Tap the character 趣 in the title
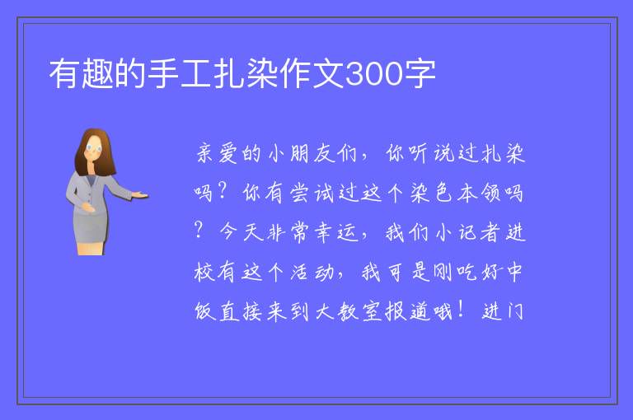pyautogui.click(x=98, y=73)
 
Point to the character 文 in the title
pyautogui.click(x=329, y=73)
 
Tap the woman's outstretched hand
pyautogui.click(x=140, y=195)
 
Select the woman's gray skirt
pyautogui.click(x=91, y=228)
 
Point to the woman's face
pyautogui.click(x=94, y=148)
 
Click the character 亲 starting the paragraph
pyautogui.click(x=205, y=153)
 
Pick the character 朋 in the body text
pyautogui.click(x=299, y=153)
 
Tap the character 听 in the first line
pyautogui.click(x=418, y=153)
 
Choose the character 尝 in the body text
pyautogui.click(x=299, y=193)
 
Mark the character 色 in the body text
pyautogui.click(x=443, y=193)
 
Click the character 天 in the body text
pyautogui.click(x=253, y=232)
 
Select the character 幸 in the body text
pyautogui.click(x=323, y=232)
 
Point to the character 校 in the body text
pyautogui.click(x=204, y=272)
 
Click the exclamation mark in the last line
pyautogui.click(x=460, y=310)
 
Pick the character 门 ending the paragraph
pyautogui.click(x=515, y=311)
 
